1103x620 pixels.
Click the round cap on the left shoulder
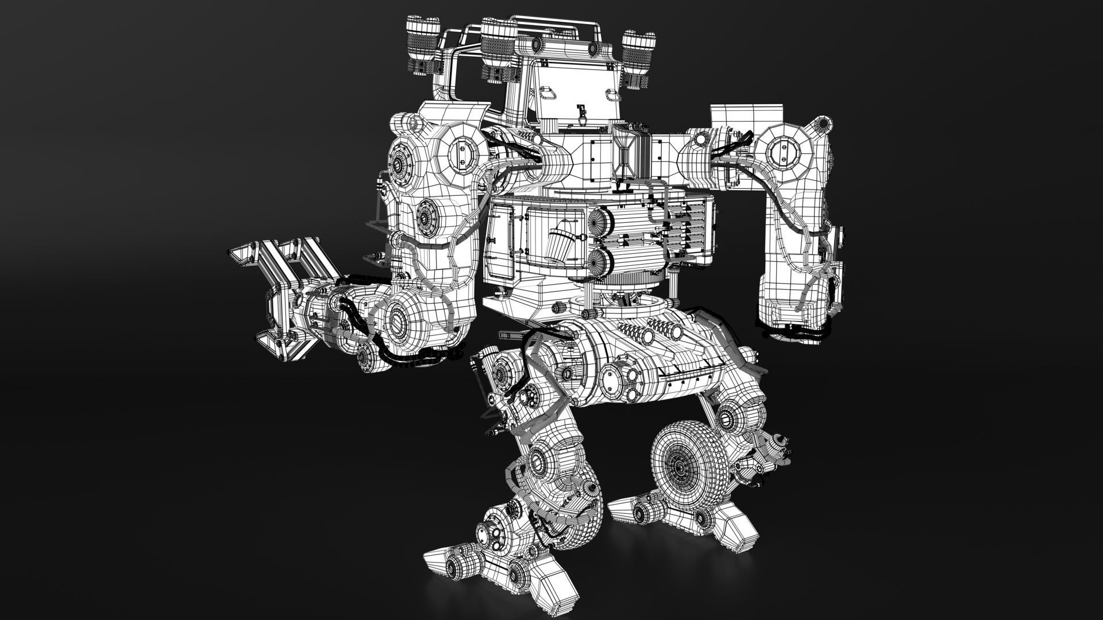point(461,149)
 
